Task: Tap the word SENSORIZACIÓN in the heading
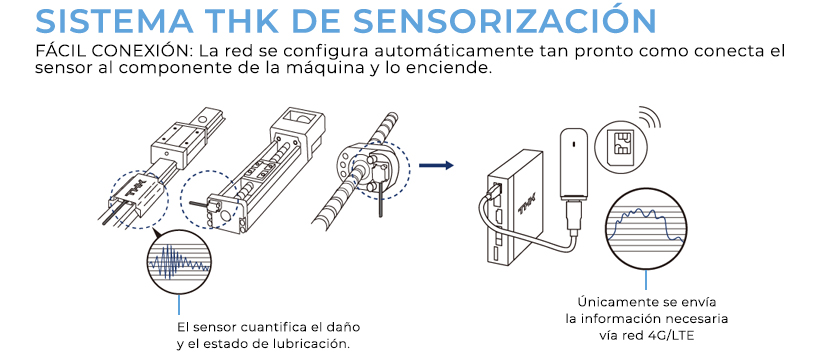click(x=530, y=21)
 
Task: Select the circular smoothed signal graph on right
click(x=649, y=229)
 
